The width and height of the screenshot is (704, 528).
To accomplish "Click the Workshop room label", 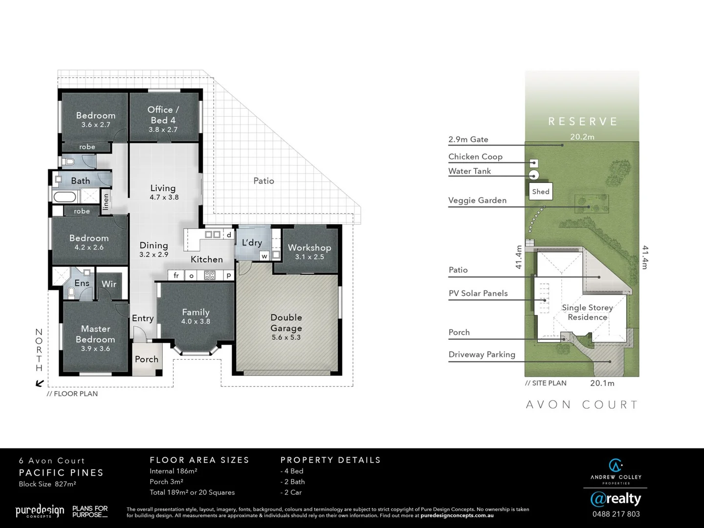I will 309,248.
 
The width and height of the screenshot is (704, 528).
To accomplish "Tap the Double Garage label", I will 286,323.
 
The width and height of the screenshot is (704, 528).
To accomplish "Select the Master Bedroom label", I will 95,334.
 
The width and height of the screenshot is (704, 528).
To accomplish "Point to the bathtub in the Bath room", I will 66,198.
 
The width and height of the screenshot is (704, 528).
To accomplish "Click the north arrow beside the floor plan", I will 40,383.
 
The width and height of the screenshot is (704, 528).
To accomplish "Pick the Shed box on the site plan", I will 540,192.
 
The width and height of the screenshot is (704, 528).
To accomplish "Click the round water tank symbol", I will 534,175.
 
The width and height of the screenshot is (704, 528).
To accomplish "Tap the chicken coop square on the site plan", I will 534,163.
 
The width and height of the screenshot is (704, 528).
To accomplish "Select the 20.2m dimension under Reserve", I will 582,137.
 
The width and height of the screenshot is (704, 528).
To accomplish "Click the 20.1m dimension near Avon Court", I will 602,383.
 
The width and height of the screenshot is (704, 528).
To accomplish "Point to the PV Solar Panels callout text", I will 478,293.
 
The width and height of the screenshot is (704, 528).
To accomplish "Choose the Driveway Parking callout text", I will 482,354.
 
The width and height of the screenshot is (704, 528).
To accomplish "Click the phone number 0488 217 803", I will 616,514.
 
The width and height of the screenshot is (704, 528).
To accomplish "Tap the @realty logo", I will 616,499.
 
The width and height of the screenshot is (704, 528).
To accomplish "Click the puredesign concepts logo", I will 40,511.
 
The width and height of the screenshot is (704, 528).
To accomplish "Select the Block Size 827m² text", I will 47,484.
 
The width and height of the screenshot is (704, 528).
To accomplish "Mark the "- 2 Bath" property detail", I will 292,482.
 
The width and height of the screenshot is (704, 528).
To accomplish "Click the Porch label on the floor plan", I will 146,359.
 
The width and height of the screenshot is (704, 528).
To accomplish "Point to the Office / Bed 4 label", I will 163,115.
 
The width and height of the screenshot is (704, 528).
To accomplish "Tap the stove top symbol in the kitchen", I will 209,275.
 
